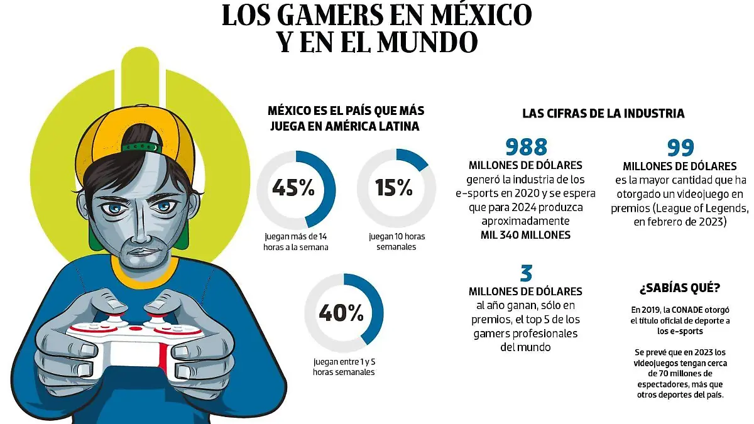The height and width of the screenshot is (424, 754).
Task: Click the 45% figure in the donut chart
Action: coord(293,188)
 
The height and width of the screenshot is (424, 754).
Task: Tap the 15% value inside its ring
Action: coord(394,188)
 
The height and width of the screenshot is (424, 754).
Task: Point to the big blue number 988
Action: coord(527,147)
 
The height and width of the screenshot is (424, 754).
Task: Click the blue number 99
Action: coord(680,147)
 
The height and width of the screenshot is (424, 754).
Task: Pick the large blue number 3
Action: coord(526,273)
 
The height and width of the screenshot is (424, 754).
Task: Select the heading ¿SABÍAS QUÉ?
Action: coord(680,288)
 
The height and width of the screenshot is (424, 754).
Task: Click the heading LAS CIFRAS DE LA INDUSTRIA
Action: coord(603,114)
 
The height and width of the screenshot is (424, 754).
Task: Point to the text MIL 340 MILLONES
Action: coord(526,235)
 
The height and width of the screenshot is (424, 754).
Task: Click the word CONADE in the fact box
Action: coord(687,310)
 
